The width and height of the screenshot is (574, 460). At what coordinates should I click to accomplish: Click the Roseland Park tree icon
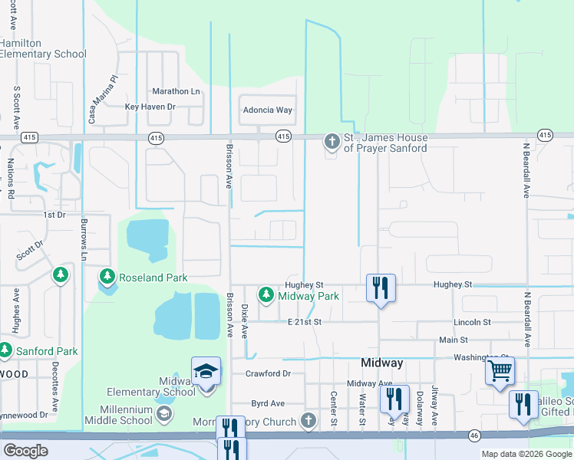point(107,275)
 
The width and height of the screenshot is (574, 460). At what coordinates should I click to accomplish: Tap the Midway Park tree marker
point(266,294)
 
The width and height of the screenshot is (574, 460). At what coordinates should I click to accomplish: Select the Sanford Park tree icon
point(5,350)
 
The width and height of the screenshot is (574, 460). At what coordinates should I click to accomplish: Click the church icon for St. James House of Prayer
point(332,142)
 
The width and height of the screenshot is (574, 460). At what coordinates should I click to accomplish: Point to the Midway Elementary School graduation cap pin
point(206,373)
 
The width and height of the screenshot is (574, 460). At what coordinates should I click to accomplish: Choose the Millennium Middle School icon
point(163,415)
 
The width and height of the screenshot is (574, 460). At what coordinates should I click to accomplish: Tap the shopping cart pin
point(500,372)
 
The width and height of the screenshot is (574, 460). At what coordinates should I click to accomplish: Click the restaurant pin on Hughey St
point(381,288)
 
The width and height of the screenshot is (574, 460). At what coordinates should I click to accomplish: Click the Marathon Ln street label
point(176,91)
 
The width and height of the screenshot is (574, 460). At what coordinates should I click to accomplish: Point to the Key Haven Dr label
point(150,107)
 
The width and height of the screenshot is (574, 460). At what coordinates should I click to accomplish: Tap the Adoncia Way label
point(268,110)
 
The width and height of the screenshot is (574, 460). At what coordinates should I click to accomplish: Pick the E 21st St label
point(304,322)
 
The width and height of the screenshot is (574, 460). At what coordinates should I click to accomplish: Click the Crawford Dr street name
point(268,373)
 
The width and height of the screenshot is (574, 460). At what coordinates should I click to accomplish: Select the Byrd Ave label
point(268,403)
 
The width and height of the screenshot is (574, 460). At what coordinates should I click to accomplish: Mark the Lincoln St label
point(472,322)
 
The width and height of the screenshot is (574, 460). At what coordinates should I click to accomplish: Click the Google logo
point(25,451)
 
